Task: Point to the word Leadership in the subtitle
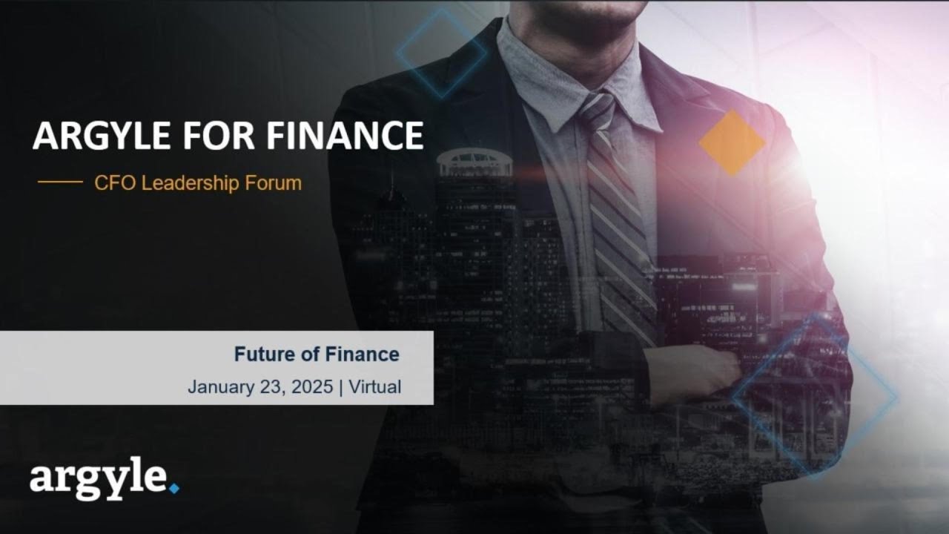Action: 190,182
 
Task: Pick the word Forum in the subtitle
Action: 274,182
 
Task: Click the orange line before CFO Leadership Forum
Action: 60,182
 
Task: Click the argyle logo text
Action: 98,481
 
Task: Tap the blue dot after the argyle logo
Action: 174,488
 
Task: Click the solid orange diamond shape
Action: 732,143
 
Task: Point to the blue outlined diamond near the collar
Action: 442,53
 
